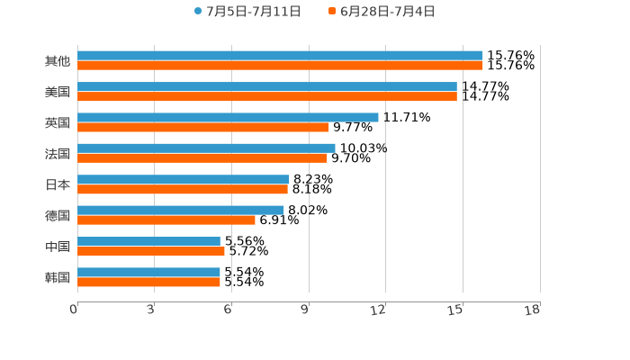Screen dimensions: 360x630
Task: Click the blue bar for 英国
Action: pos(228,117)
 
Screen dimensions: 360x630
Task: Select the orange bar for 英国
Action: pos(202,127)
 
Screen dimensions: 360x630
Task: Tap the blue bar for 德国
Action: pos(181,210)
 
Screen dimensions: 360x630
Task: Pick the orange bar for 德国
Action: pos(166,220)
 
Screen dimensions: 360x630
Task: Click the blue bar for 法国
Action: pos(206,148)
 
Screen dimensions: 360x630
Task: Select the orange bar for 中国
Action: pos(151,251)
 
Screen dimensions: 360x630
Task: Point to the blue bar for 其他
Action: pos(280,56)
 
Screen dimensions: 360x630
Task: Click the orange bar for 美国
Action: pos(267,96)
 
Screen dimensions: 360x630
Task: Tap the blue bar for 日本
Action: pos(184,179)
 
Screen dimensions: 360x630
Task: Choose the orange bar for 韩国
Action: pos(148,282)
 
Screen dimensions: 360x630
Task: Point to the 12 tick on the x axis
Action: pos(378,310)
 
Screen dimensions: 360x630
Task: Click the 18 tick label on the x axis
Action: pos(532,310)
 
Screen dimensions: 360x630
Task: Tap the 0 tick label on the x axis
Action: pos(74,310)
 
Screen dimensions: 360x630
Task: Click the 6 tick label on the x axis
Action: pos(228,310)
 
